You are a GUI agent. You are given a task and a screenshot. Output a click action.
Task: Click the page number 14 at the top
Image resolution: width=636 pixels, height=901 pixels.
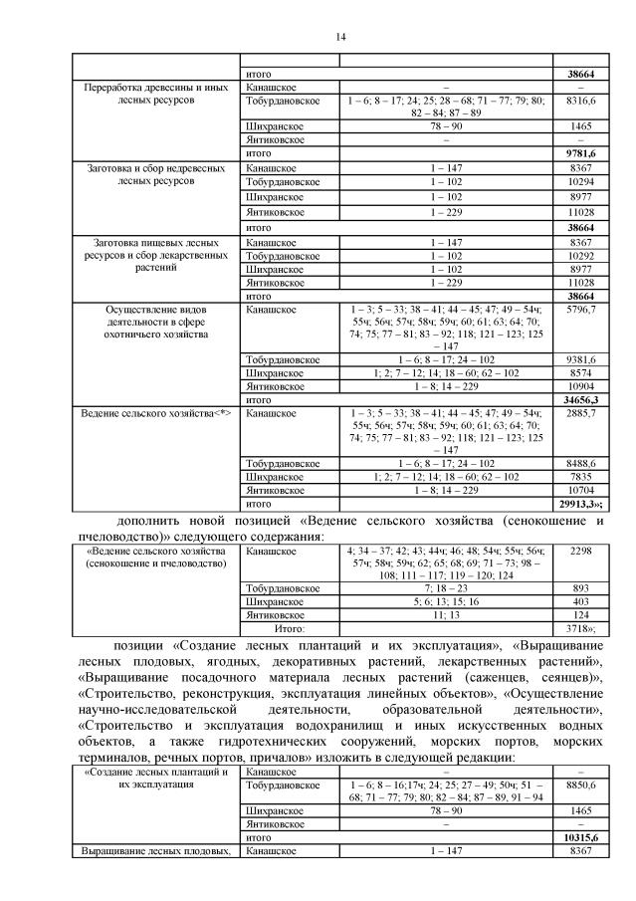(x=340, y=37)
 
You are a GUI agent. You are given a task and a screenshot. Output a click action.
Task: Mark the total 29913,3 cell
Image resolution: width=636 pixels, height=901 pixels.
(x=580, y=504)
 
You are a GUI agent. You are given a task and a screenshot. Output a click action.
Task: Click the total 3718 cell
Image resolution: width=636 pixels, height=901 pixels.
(x=580, y=628)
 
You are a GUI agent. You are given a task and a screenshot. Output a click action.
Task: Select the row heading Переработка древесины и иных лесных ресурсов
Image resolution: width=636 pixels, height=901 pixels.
(x=158, y=94)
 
